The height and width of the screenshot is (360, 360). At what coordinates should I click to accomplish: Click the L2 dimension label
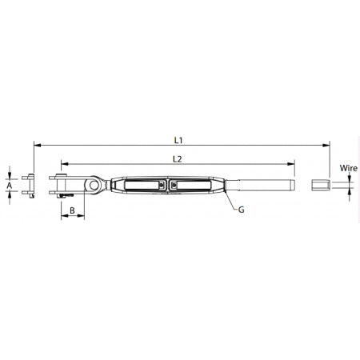(178, 158)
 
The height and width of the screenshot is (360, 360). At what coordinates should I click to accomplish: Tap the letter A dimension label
(10, 185)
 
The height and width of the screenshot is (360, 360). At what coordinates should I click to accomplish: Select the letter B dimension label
(72, 210)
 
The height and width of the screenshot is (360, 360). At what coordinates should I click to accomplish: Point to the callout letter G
(242, 210)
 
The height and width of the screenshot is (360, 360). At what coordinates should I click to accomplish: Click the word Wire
(348, 169)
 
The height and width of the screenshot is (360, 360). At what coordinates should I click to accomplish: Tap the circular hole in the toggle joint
(95, 186)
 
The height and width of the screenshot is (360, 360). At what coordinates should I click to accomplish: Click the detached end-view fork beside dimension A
(31, 185)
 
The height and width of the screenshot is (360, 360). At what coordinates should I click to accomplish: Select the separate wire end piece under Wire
(318, 186)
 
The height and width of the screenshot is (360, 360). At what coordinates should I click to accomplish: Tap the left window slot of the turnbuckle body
(140, 186)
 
